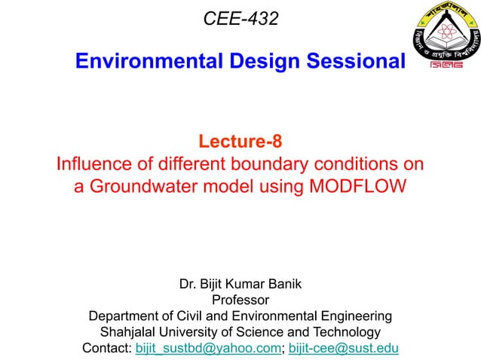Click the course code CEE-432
point(240,18)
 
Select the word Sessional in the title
point(355,62)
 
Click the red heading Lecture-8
point(240,141)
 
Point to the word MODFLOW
point(358,186)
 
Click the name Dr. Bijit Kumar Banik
point(240,284)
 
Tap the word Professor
point(240,300)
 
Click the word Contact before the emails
point(106,348)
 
